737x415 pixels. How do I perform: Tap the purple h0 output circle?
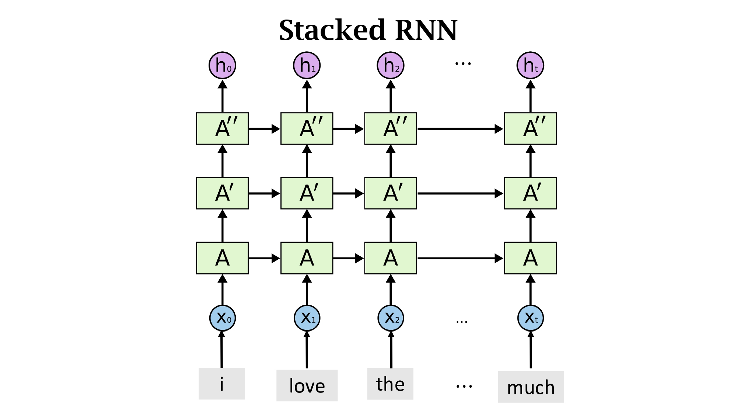pos(222,65)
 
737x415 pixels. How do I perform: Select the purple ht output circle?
pos(530,65)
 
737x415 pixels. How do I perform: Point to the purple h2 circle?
pos(390,65)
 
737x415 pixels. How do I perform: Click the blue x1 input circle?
pos(307,318)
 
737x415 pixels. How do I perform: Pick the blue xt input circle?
pos(530,318)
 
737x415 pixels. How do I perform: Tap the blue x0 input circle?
pos(222,318)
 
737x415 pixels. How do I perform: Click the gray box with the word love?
pos(307,385)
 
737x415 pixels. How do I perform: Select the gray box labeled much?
pos(531,387)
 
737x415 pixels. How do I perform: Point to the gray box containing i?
pos(221,384)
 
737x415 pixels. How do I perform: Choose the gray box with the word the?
pos(390,384)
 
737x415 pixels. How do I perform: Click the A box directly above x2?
pos(390,258)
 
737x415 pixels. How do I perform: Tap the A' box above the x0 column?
pos(222,193)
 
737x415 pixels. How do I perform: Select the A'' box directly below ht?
pos(530,128)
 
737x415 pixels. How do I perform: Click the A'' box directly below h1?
pos(307,128)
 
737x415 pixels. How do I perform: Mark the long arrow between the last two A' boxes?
pos(460,193)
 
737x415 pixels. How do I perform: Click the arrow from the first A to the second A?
pos(264,258)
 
